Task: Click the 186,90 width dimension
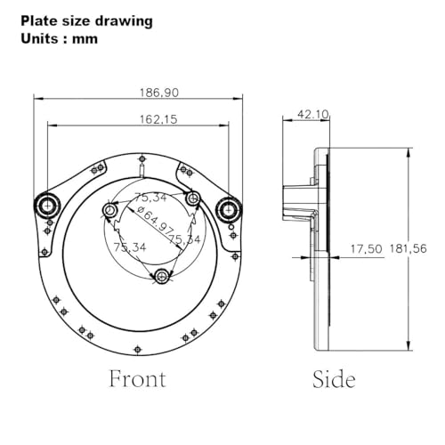pos(159,93)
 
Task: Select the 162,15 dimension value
pos(158,119)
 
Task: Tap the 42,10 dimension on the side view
pos(312,115)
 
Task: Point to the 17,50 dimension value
pos(367,249)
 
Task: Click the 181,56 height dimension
pos(409,248)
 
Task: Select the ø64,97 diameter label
pos(155,219)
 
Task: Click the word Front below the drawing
pos(137,379)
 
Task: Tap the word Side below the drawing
pos(334,379)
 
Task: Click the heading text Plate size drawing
pos(86,21)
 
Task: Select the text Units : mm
pos(59,39)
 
